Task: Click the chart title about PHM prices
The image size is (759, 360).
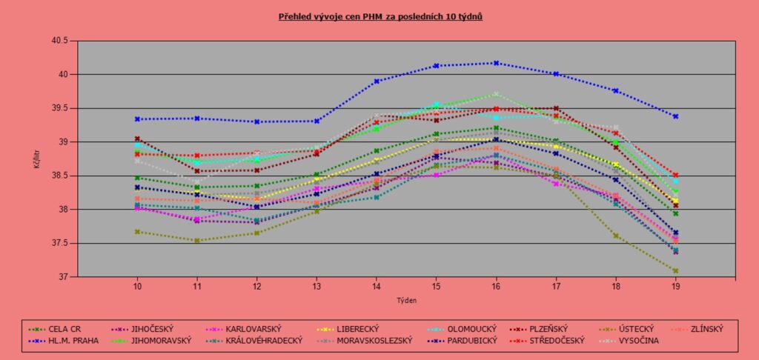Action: [x=380, y=16]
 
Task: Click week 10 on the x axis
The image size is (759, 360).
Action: [x=137, y=286]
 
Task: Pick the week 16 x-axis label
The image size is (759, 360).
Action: [x=496, y=286]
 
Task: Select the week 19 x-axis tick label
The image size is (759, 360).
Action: [x=675, y=286]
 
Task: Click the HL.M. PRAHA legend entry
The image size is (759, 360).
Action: [x=70, y=340]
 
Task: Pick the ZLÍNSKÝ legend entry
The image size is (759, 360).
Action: [x=703, y=329]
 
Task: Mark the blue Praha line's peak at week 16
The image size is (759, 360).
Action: [x=496, y=63]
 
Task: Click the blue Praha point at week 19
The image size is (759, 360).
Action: [x=675, y=116]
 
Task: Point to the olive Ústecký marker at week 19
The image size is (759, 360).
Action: [x=675, y=271]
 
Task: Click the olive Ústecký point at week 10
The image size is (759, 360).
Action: [x=137, y=232]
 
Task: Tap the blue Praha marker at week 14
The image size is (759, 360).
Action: [x=377, y=81]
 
